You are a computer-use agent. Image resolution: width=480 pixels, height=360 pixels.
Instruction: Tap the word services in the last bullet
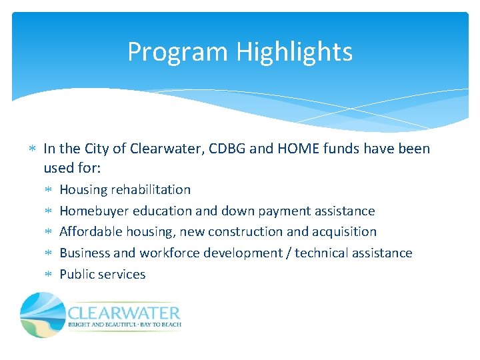coord(122,275)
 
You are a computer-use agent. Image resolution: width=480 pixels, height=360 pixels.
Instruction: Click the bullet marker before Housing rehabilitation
coord(49,191)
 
